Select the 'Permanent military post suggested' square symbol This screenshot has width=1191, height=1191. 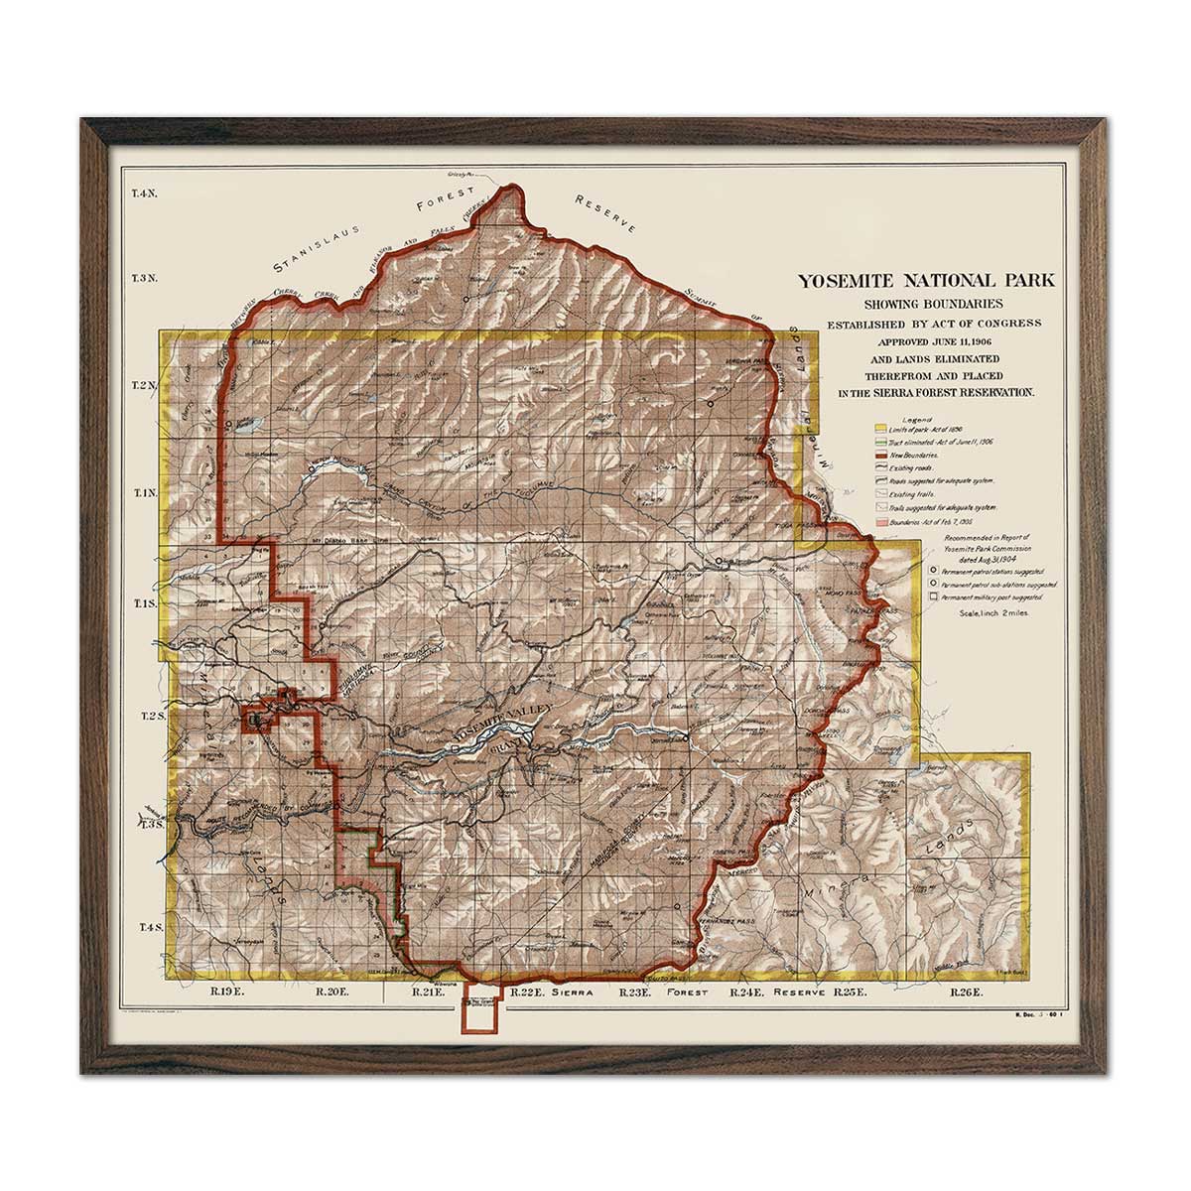pyautogui.click(x=933, y=597)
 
